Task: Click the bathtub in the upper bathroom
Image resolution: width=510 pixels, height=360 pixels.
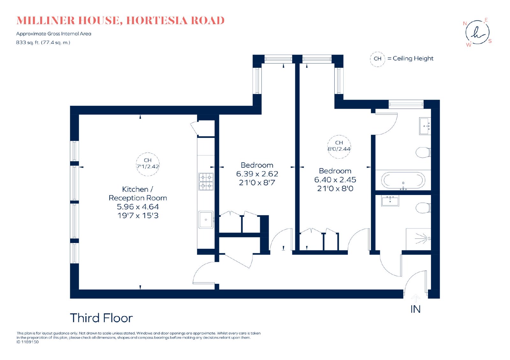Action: (x=403, y=180)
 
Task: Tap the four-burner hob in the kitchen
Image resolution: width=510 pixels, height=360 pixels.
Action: (x=206, y=182)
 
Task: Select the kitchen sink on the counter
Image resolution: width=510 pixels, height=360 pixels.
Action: (x=206, y=220)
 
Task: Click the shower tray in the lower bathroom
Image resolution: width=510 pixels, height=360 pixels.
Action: (x=419, y=239)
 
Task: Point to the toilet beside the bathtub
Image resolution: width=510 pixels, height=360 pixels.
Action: (x=423, y=152)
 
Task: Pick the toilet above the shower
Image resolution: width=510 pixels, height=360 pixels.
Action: (x=423, y=208)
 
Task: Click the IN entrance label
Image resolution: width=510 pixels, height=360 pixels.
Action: (x=415, y=309)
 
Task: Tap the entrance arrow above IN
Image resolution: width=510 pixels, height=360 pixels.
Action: (x=416, y=298)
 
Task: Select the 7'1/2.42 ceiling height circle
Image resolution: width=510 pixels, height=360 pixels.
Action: (x=148, y=164)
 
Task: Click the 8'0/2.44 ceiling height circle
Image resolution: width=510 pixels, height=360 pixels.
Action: (x=339, y=147)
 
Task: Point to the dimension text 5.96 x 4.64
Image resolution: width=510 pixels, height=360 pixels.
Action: (x=138, y=207)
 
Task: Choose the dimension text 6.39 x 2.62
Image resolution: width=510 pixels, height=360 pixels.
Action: (x=257, y=174)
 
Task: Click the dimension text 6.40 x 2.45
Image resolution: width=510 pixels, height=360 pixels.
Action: (x=335, y=180)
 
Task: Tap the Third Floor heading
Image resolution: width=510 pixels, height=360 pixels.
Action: (x=101, y=318)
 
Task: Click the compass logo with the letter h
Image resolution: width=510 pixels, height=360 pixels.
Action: (x=477, y=32)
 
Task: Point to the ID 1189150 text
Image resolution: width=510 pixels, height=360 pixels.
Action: (x=27, y=342)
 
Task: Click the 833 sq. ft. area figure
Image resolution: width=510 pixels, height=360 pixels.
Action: (x=27, y=43)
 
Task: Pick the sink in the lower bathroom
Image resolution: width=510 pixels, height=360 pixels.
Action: (x=390, y=201)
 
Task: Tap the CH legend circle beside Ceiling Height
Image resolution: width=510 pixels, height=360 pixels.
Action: (x=377, y=59)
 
